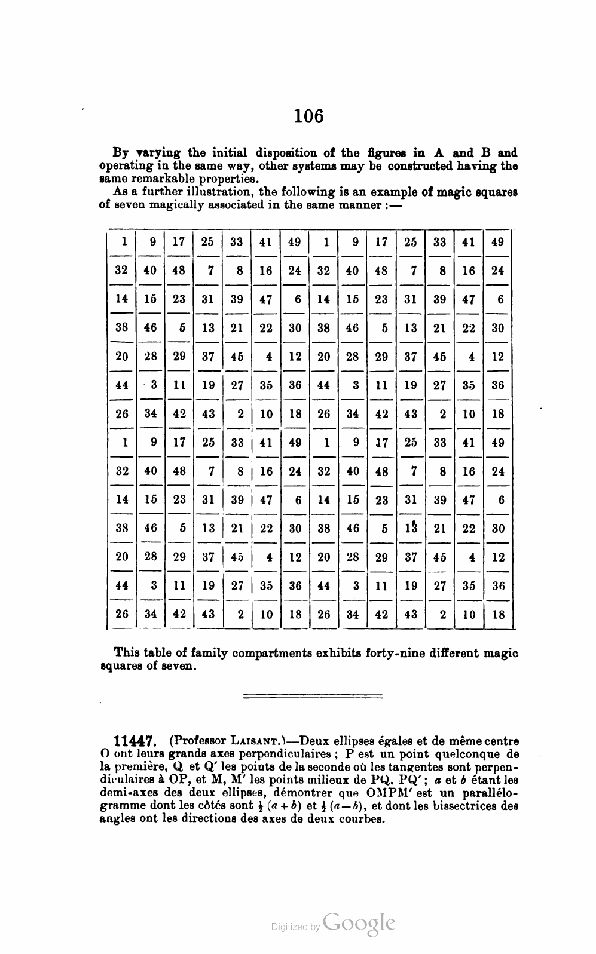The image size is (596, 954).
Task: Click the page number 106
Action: (308, 115)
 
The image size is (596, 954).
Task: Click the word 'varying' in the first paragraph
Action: (158, 153)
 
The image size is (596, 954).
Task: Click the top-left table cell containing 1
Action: (124, 241)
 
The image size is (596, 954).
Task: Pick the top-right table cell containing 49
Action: (497, 241)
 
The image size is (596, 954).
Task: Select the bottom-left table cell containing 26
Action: (122, 614)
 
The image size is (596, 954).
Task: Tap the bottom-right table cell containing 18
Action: (498, 614)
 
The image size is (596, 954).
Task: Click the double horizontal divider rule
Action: (313, 695)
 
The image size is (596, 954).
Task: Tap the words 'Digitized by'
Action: (295, 927)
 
